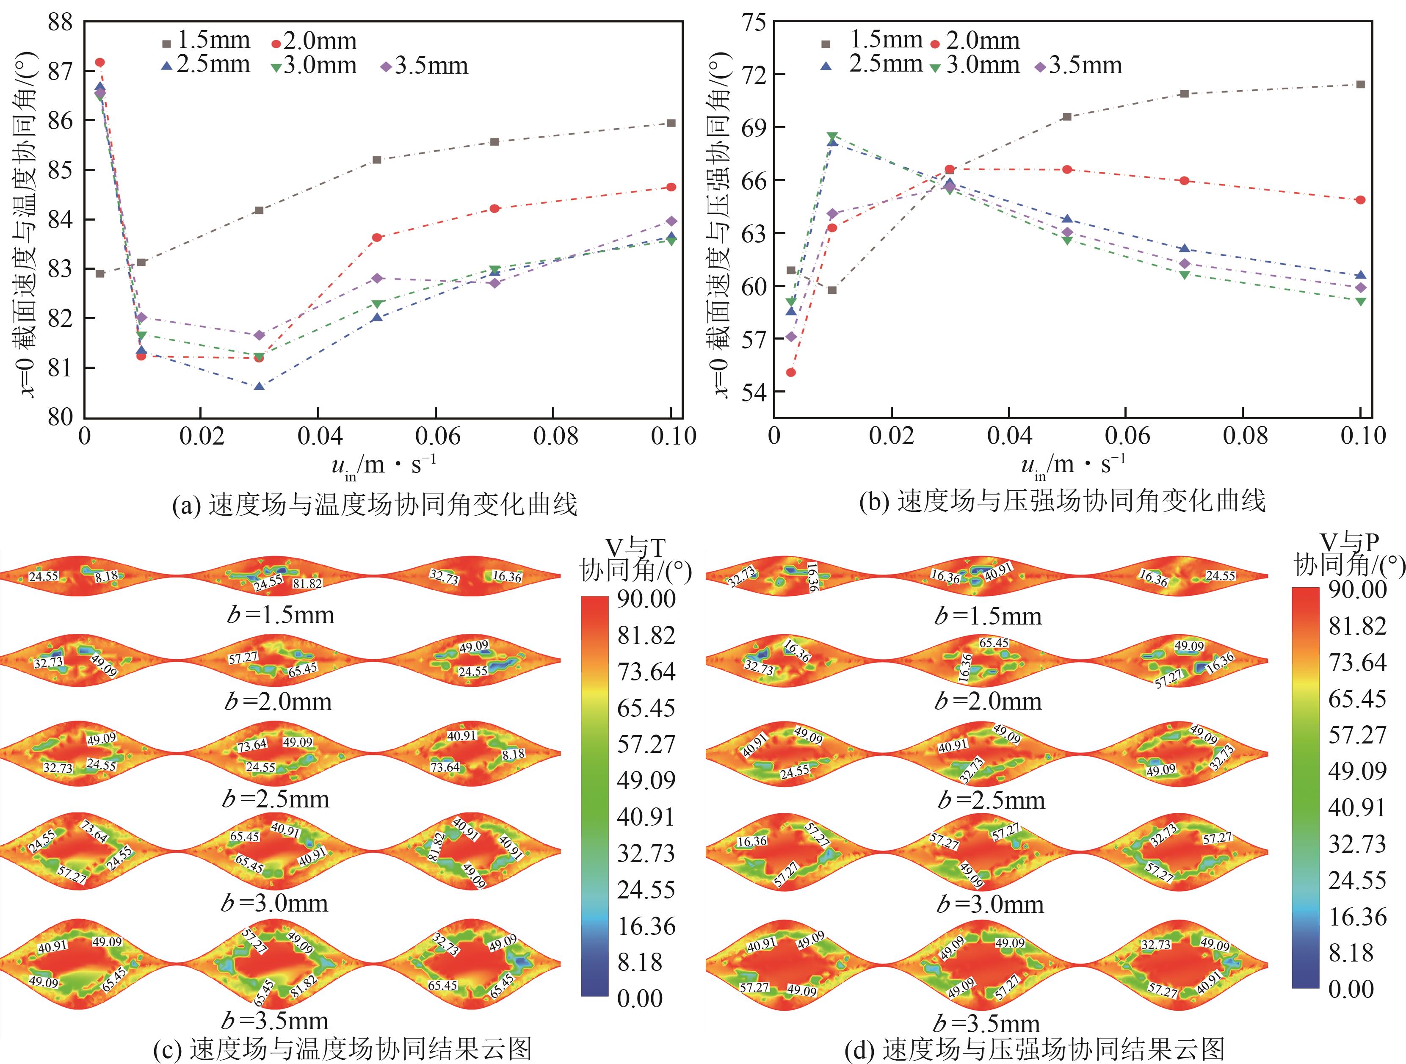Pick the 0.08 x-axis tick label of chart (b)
point(1245,436)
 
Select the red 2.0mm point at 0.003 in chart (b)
point(791,373)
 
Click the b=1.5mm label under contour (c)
point(280,615)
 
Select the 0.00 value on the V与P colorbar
point(1350,989)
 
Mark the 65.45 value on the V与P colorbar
point(1357,699)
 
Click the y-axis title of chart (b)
point(720,222)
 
